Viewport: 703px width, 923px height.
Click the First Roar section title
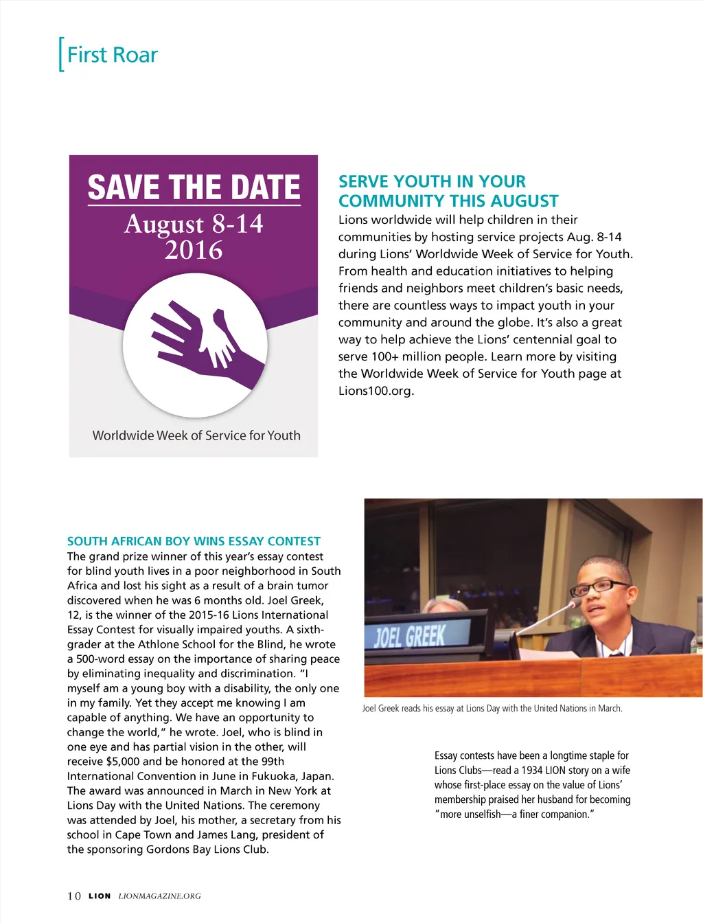112,55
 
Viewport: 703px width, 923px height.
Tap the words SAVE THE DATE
194,187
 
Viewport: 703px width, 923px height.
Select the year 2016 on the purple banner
194,251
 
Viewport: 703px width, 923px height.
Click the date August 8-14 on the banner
194,224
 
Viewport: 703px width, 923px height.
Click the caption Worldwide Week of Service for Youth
196,435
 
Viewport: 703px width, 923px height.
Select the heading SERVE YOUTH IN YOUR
432,182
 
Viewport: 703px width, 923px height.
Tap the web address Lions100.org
376,391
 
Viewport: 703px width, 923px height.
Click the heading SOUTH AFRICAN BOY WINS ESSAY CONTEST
194,541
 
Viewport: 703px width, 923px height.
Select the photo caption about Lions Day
492,709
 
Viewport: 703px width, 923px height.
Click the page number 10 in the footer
74,896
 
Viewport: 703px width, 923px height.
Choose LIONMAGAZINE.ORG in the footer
159,896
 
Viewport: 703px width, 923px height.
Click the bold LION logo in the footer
100,896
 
